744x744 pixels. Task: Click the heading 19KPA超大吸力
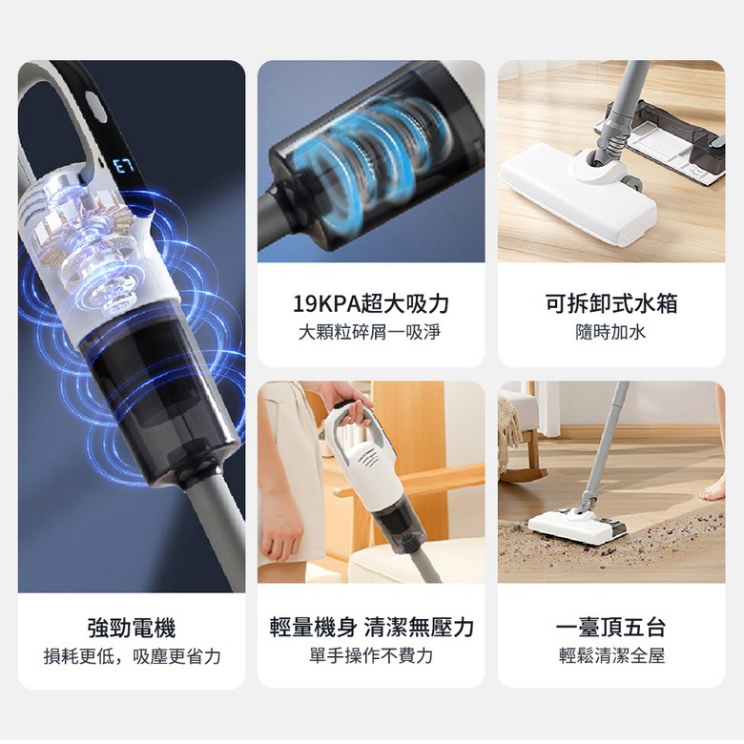371,303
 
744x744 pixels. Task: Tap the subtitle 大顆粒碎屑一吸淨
370,332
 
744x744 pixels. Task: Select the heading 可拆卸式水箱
611,303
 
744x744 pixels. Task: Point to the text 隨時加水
610,332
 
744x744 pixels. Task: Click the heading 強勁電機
132,628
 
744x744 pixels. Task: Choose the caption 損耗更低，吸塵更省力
132,656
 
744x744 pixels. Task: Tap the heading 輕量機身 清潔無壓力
372,628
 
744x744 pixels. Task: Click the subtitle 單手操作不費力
371,655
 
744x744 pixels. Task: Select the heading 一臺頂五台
611,628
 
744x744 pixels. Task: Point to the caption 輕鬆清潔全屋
611,655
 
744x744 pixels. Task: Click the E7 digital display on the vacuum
124,166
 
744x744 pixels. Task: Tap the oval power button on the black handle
95,107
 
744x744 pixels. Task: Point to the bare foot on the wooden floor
713,489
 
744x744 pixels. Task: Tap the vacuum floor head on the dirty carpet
577,526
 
